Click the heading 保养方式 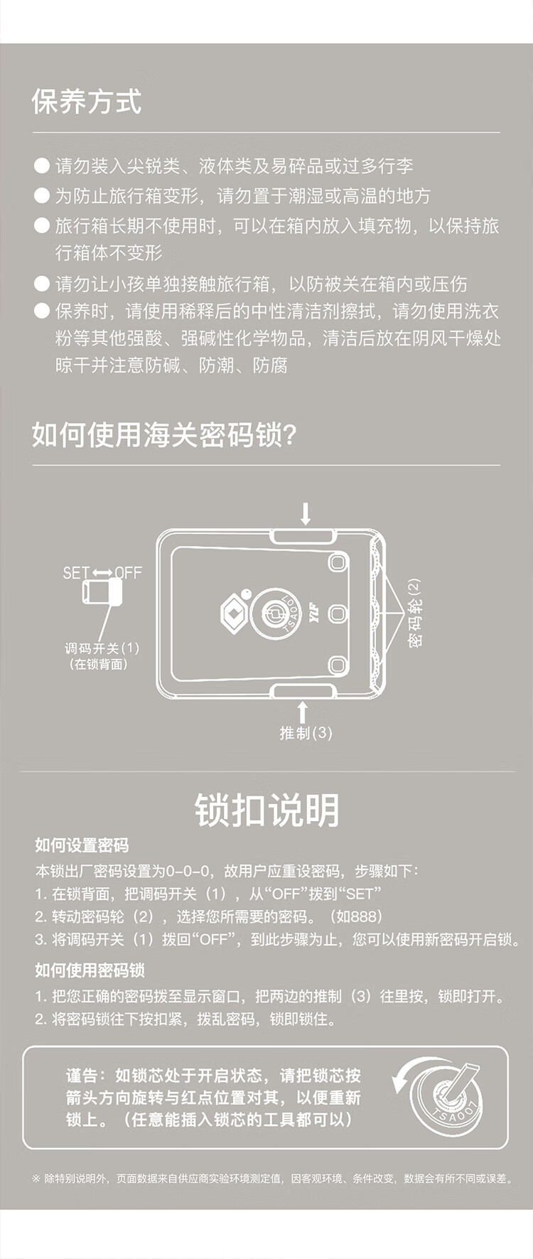pos(87,102)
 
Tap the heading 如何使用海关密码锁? pos(163,434)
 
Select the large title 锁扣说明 pos(267,810)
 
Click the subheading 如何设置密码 pos(82,845)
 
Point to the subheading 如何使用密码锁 pos(90,970)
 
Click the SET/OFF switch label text pos(102,572)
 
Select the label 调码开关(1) pos(102,648)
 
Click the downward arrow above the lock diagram pos(306,513)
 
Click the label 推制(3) pos(306,732)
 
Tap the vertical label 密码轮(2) pos(414,612)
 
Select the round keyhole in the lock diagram pos(274,611)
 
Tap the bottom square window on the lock pos(337,665)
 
